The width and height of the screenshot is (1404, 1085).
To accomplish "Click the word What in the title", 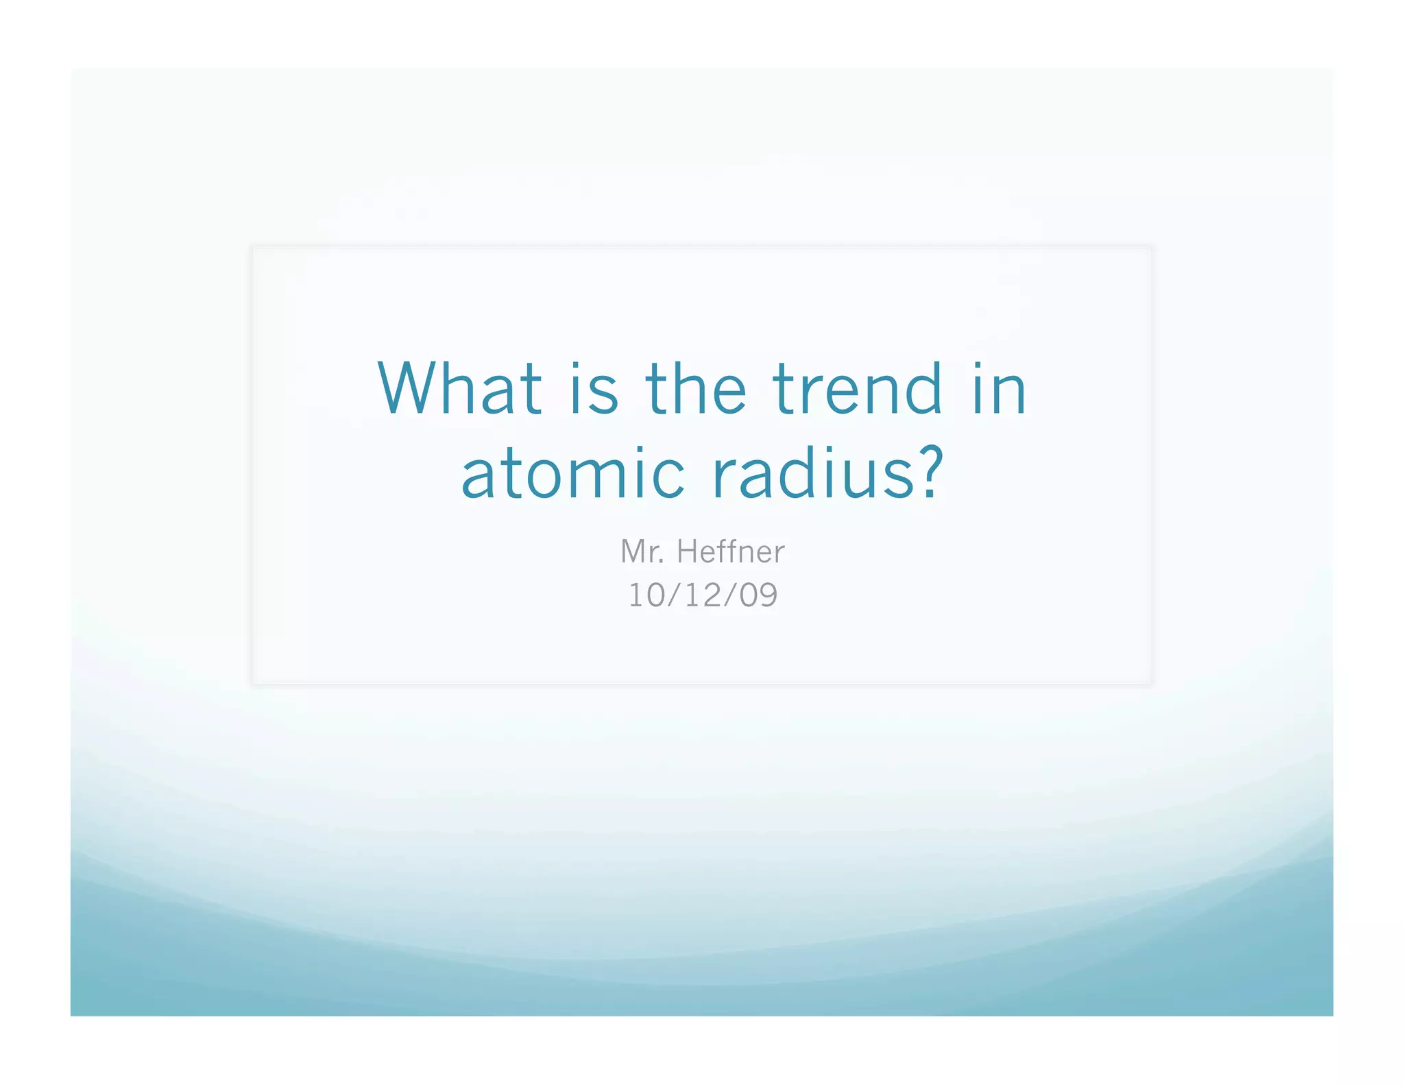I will tap(459, 389).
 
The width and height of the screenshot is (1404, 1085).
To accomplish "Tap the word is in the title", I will tap(594, 389).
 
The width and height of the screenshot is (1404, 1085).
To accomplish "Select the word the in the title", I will tap(695, 389).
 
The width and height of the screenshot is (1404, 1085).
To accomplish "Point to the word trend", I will tap(857, 389).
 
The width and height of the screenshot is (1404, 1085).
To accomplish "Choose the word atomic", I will tap(572, 473).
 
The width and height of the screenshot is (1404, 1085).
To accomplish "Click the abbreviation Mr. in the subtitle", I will tap(642, 551).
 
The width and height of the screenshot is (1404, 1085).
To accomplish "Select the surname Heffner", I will tap(731, 551).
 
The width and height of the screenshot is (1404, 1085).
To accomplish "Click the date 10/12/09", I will tap(703, 595).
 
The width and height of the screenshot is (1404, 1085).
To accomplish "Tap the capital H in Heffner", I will tap(688, 551).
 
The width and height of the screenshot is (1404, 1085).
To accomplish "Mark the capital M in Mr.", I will tap(634, 551).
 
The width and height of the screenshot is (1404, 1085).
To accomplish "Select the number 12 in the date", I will tap(702, 595).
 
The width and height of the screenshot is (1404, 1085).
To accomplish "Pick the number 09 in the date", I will tap(758, 595).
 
